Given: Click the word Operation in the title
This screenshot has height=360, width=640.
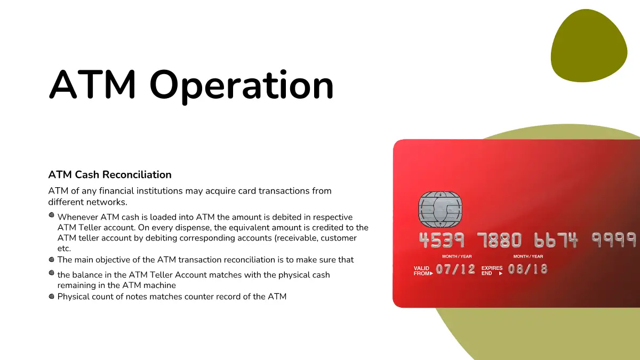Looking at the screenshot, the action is (x=242, y=86).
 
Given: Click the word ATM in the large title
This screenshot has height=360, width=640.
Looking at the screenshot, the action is (x=92, y=84).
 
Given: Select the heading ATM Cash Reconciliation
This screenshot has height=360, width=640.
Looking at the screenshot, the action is (x=110, y=174).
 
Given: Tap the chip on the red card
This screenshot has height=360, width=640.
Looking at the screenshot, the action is (x=440, y=209).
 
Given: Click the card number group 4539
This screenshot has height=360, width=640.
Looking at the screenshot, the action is (x=442, y=240).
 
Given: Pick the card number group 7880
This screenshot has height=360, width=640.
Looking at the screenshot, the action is (x=499, y=240).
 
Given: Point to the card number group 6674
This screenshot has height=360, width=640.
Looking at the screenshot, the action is (x=556, y=240).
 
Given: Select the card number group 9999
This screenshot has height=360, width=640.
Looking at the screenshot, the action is (x=614, y=239).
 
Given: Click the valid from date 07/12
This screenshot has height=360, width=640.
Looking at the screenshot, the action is (x=455, y=269).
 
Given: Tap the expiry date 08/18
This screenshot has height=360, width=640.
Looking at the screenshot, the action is (x=527, y=269).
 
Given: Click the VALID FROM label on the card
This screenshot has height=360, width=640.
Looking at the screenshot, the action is (x=423, y=270).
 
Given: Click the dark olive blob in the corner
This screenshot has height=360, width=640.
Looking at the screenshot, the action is (x=589, y=46).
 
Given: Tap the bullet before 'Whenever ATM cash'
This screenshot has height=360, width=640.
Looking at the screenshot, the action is (x=51, y=215).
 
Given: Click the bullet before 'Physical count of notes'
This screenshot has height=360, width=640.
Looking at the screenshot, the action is (x=51, y=297).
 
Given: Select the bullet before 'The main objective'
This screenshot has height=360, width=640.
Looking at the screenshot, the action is (x=51, y=259).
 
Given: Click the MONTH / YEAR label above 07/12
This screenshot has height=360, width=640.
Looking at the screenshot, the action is (x=457, y=257).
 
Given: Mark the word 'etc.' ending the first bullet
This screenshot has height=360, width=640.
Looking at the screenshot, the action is (x=64, y=249).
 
